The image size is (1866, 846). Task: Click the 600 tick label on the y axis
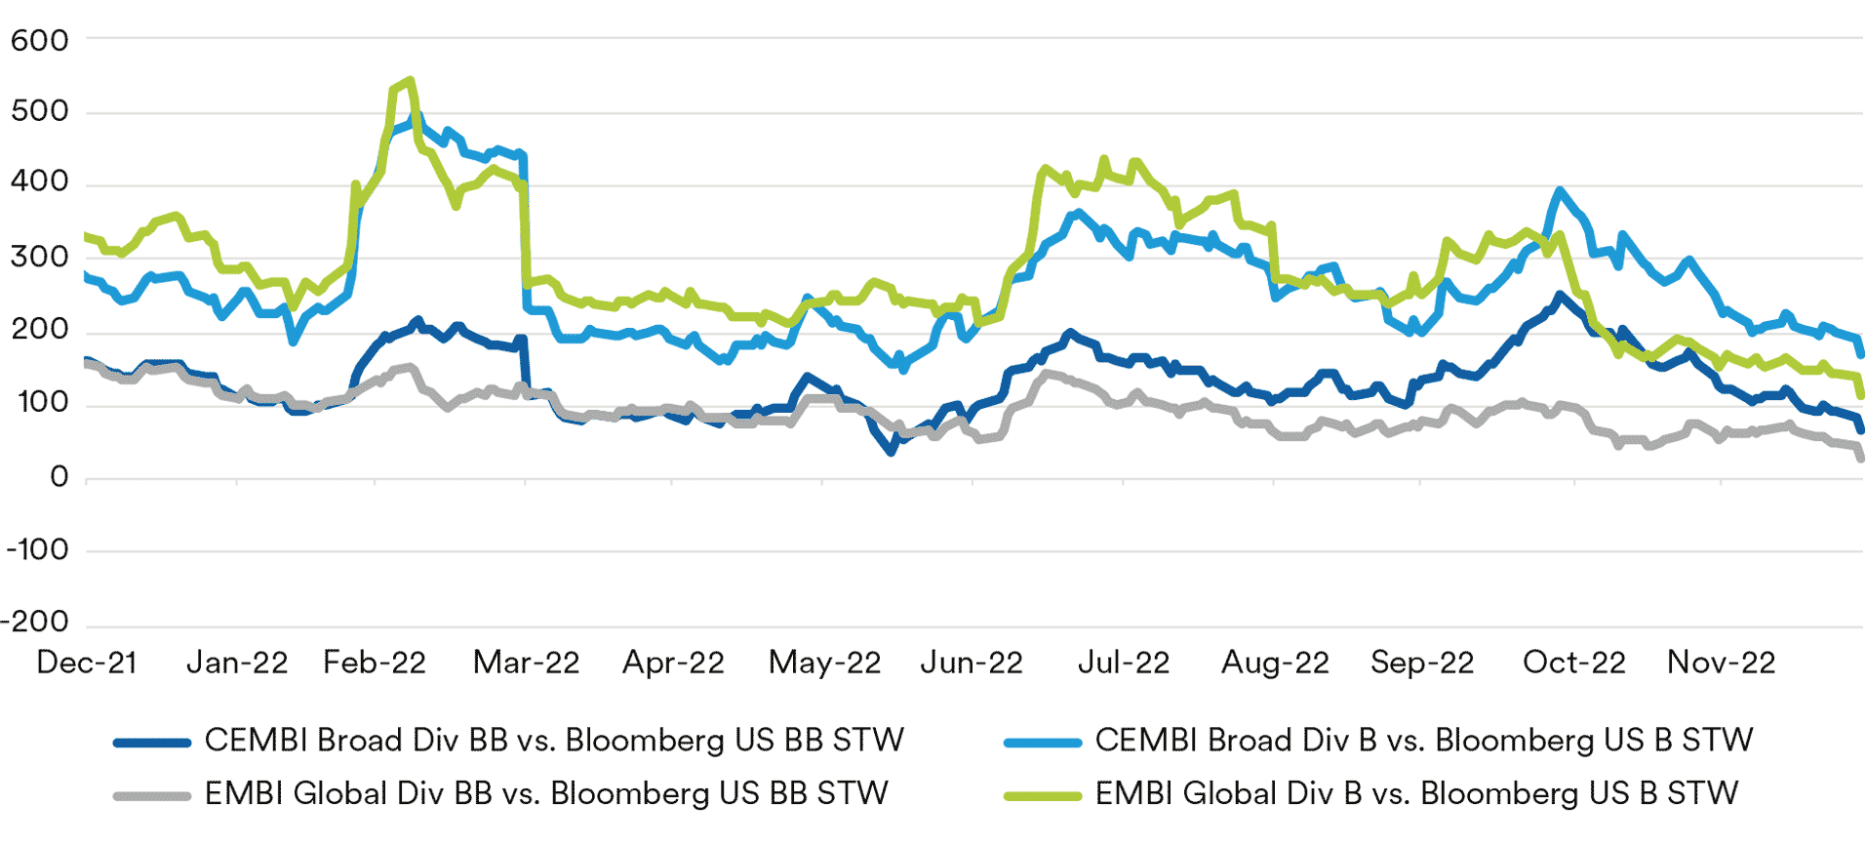pos(39,41)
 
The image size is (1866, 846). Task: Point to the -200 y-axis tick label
pos(35,622)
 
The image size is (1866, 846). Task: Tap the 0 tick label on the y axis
pos(59,477)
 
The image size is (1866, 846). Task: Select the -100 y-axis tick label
pos(37,549)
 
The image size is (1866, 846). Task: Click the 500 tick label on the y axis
pos(39,111)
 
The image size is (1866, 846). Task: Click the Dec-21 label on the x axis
pos(86,663)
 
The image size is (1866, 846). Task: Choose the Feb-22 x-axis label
pos(375,663)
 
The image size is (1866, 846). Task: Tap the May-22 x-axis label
pos(824,663)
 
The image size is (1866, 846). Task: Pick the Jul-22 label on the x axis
pos(1123,663)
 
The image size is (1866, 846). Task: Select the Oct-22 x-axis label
pos(1573,663)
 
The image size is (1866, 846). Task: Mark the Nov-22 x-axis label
pos(1721,663)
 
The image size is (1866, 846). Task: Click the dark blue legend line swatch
pos(151,743)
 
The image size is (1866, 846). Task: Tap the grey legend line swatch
pos(151,795)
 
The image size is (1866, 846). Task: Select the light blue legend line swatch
pos(1042,743)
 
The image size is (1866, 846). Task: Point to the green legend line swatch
pos(1042,795)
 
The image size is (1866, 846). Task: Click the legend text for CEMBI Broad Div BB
pos(554,741)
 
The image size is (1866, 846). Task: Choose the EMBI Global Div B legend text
pos(1416,793)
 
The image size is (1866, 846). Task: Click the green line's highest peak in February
pos(411,81)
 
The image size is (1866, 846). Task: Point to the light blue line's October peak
pos(1560,191)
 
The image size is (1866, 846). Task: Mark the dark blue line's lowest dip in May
pos(891,451)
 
